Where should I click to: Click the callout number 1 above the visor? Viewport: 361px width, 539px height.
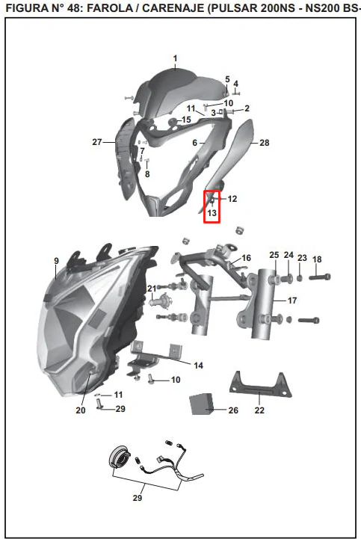(176, 58)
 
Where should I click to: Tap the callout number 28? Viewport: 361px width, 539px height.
(264, 143)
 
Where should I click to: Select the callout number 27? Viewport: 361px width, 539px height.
(97, 141)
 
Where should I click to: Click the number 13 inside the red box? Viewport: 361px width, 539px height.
(212, 213)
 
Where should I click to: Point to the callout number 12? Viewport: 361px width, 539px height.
(232, 199)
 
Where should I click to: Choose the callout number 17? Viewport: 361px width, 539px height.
(292, 301)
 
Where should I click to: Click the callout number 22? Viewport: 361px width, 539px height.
(259, 410)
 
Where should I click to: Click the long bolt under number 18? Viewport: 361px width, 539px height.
(320, 277)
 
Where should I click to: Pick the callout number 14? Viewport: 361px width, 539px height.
(198, 366)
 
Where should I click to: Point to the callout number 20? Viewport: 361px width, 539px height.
(81, 410)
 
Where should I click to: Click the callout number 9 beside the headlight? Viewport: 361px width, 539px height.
(57, 261)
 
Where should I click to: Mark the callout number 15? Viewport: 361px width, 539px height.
(186, 120)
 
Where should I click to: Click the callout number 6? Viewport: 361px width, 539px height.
(194, 142)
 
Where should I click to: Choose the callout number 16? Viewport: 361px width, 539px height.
(246, 258)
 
